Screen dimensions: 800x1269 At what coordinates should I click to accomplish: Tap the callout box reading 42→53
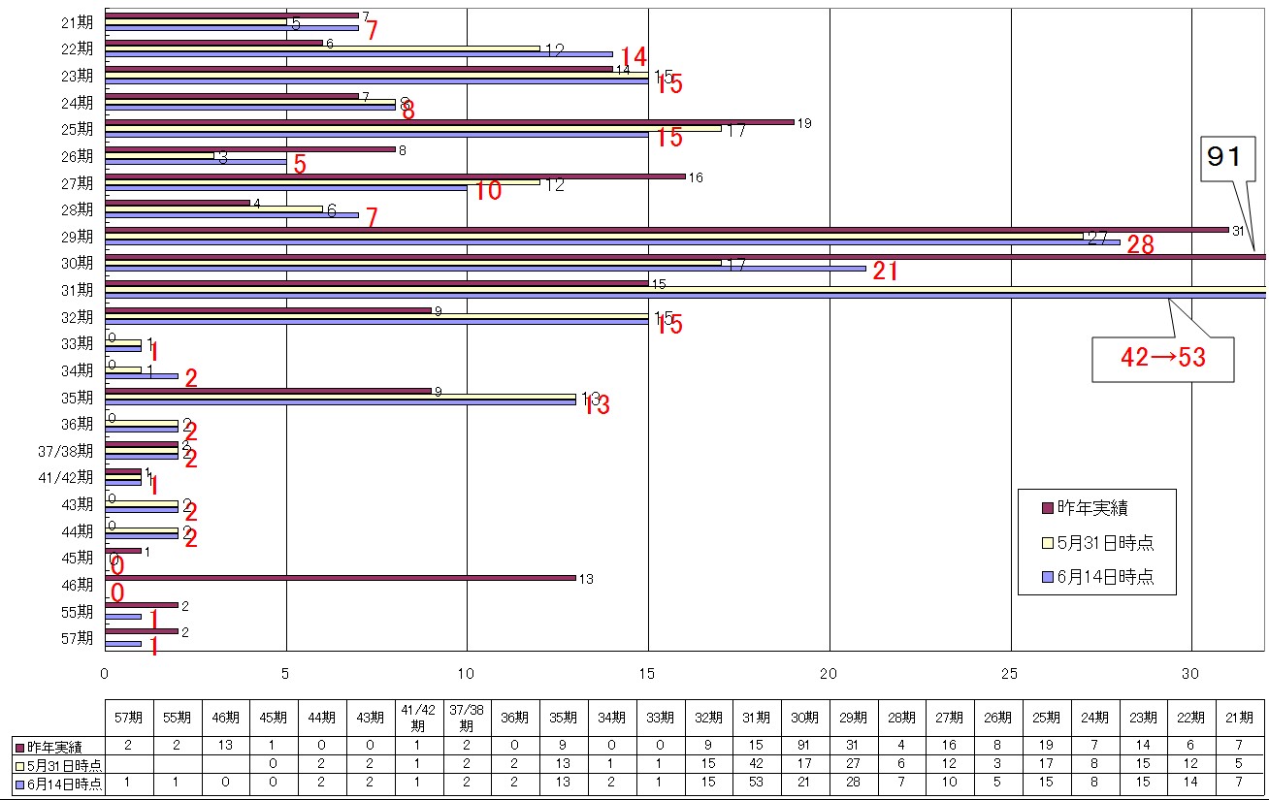click(1163, 358)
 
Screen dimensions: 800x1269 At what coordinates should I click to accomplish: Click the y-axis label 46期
click(78, 585)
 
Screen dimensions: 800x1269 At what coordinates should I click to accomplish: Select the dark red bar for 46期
click(340, 578)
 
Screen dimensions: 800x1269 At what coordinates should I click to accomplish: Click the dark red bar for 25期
click(447, 122)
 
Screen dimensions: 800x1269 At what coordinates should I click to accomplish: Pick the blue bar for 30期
click(485, 269)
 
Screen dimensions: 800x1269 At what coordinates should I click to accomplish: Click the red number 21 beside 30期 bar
click(885, 272)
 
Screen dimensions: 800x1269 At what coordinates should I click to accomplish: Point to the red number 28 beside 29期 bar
click(1140, 245)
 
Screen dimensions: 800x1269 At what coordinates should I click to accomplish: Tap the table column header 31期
click(756, 718)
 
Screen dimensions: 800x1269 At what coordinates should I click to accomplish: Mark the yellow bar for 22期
click(321, 48)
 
